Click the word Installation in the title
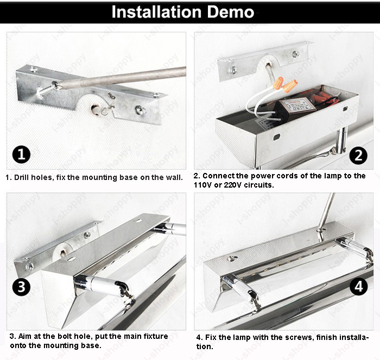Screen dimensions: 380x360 point(156,12)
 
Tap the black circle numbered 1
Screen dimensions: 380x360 point(21,154)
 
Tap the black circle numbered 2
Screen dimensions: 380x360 point(358,155)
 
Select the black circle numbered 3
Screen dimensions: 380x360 point(21,287)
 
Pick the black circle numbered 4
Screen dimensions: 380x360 point(359,286)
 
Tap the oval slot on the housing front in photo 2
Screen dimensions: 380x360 point(277,137)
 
